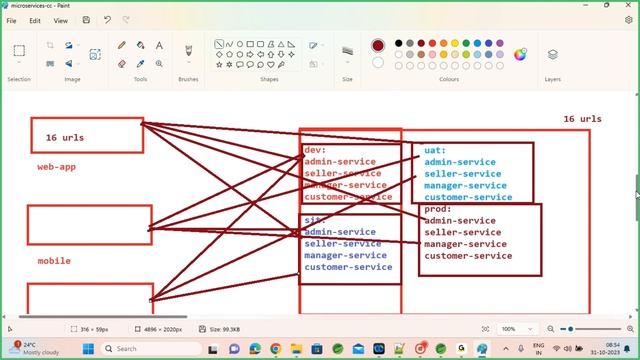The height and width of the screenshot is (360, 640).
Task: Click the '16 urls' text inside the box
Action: click(65, 137)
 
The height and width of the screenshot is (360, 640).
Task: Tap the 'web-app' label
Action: click(56, 167)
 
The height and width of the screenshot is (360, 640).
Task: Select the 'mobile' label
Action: click(54, 261)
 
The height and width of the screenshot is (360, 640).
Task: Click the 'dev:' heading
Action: click(315, 150)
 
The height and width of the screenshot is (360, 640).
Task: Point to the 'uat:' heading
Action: click(434, 150)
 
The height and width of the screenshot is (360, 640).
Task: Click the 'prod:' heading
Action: click(437, 209)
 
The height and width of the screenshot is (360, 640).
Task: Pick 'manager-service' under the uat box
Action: click(465, 185)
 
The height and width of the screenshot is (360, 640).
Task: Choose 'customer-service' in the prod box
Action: click(467, 256)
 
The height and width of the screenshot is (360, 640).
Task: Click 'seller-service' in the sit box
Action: click(342, 244)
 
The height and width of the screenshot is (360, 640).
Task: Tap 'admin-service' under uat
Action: click(459, 162)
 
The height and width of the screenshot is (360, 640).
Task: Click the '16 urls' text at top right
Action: click(582, 119)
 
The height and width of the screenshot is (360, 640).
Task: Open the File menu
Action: click(11, 20)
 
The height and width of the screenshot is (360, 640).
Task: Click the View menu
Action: click(61, 20)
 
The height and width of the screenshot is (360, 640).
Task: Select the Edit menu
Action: click(35, 20)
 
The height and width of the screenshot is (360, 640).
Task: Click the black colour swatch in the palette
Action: click(398, 43)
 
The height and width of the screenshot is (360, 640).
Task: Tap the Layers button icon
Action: click(552, 55)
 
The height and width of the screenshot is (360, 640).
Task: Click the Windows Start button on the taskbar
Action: click(87, 349)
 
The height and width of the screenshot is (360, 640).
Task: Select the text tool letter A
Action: click(159, 45)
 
